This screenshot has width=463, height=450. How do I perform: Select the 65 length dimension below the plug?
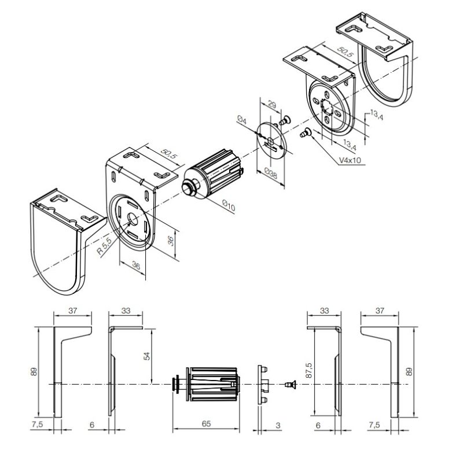click(206, 423)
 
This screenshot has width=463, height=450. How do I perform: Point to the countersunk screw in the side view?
click(289, 384)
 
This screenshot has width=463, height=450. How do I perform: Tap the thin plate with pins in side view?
click(262, 383)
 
